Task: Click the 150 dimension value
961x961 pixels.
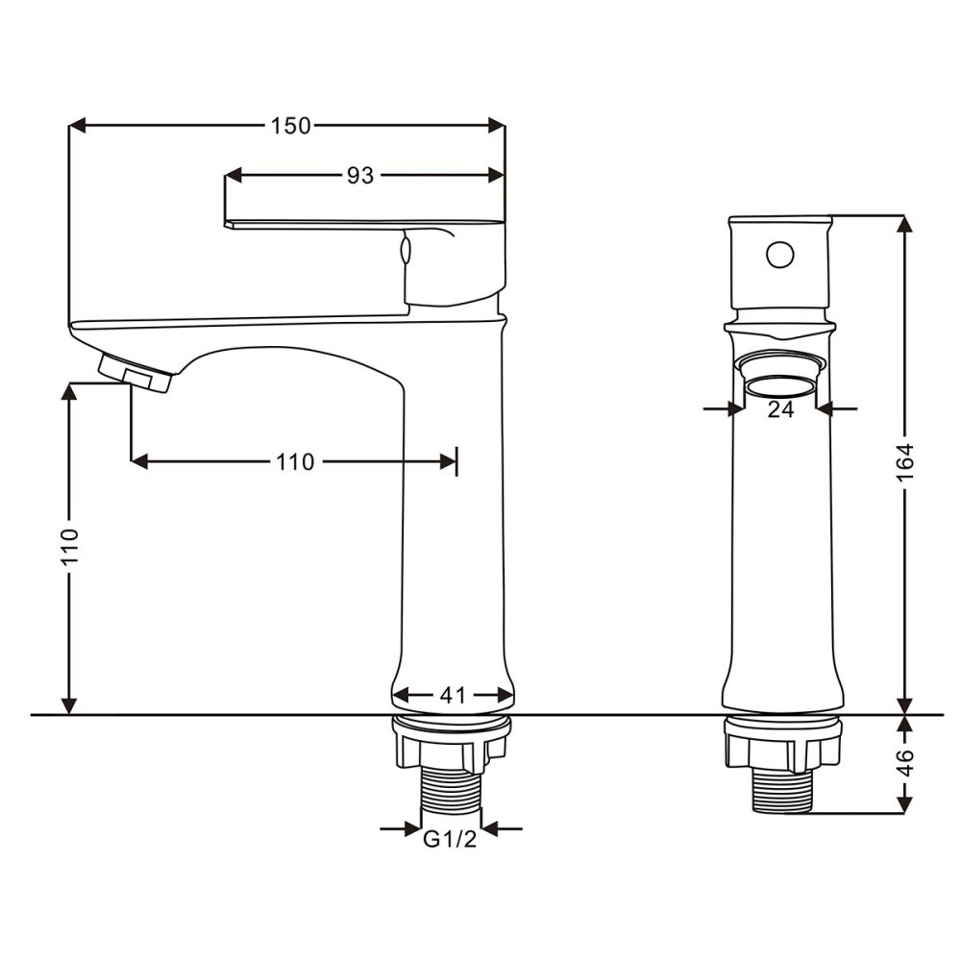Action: (290, 126)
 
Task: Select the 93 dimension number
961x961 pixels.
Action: (359, 175)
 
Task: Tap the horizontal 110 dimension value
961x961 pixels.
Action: (295, 462)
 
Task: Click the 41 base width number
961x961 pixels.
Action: (453, 694)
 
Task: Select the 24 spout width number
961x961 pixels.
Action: (780, 409)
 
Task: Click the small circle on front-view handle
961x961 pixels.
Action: (779, 256)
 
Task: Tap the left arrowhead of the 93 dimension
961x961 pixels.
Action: (233, 175)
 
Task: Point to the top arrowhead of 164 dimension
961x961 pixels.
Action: (903, 223)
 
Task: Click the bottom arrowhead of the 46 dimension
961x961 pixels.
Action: (903, 805)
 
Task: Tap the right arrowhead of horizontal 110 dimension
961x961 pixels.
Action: (448, 462)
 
